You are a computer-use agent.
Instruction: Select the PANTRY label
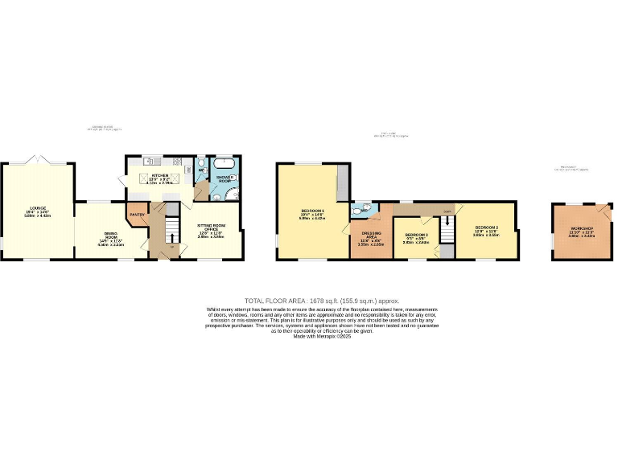(137, 215)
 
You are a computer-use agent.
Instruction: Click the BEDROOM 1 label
(311, 213)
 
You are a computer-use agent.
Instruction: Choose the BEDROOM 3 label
(416, 236)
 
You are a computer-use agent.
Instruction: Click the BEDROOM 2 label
(486, 231)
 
